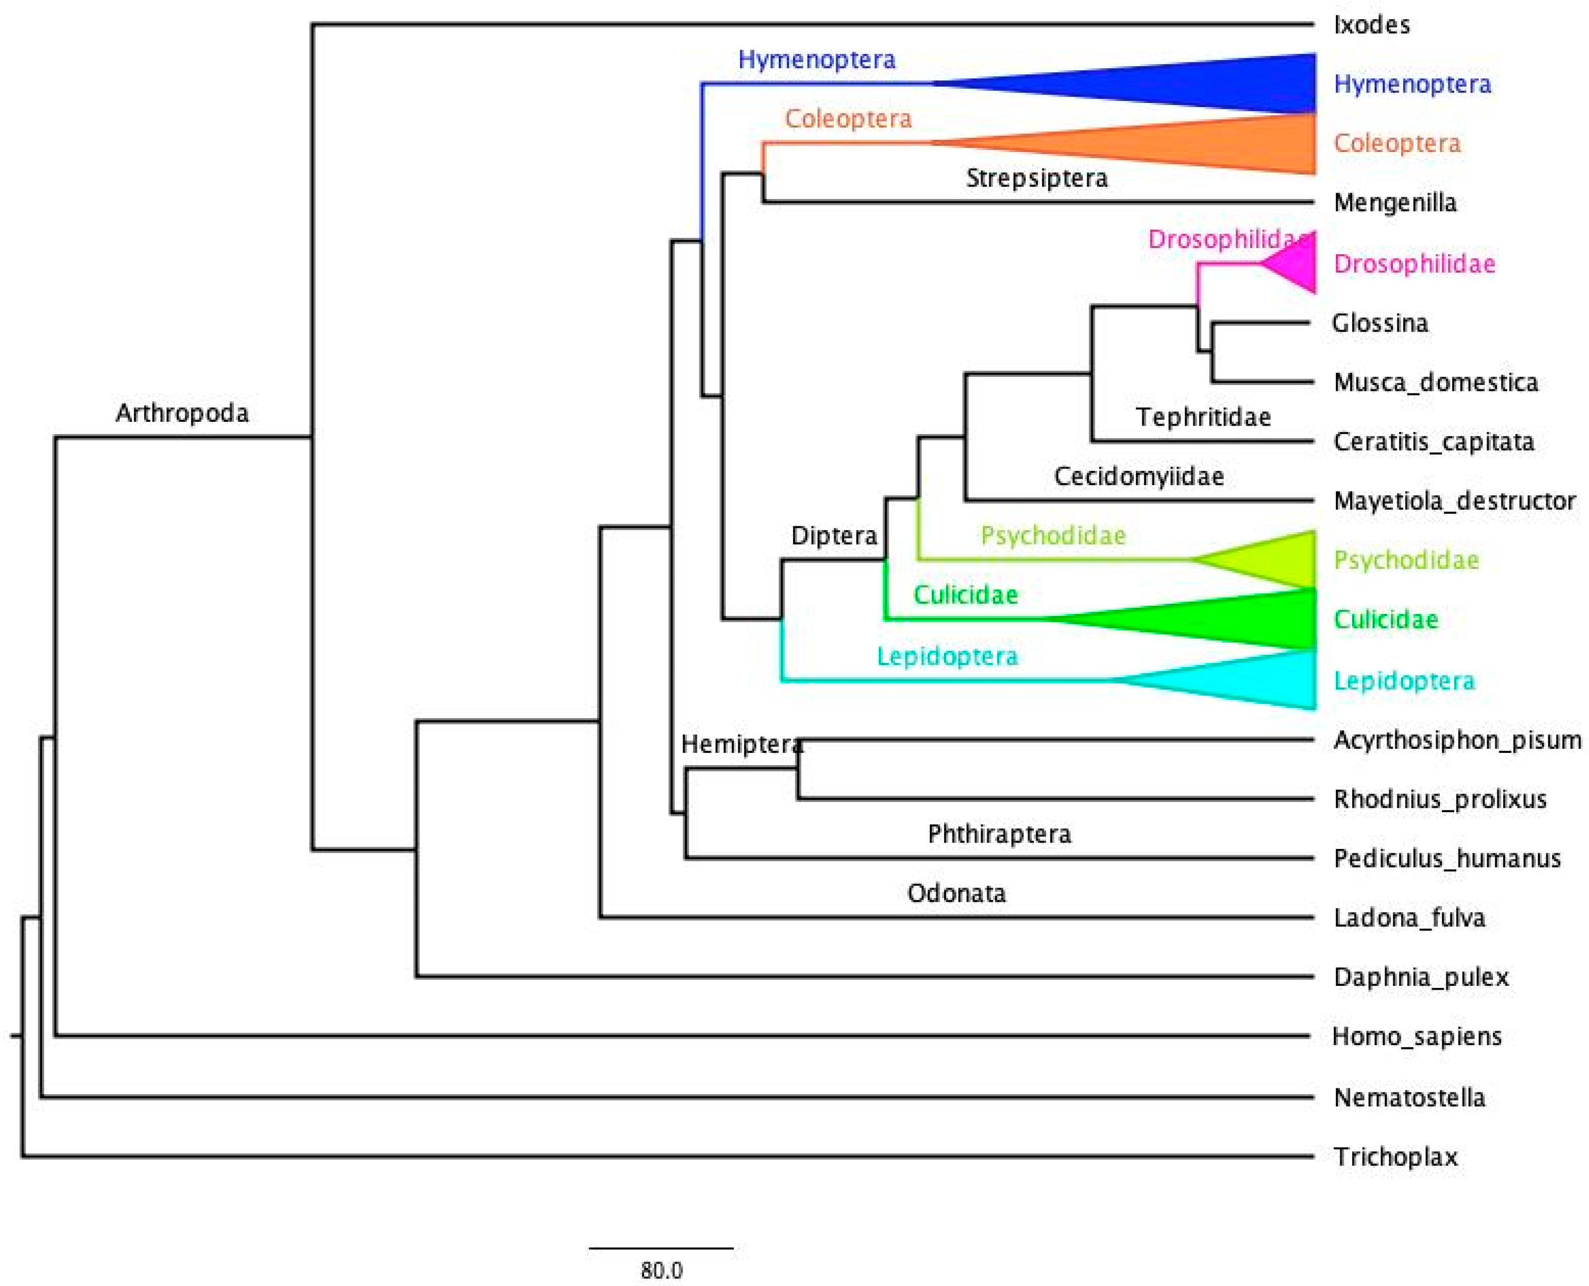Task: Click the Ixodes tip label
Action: [1371, 25]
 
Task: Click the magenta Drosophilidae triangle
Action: [1296, 263]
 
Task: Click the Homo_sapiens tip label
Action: [1416, 1036]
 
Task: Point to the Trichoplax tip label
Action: [1396, 1157]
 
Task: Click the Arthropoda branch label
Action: [182, 413]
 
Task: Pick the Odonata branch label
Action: [956, 894]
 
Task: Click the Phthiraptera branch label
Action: [1000, 835]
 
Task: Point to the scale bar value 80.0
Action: [661, 1270]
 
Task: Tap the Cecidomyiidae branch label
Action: [1139, 476]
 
